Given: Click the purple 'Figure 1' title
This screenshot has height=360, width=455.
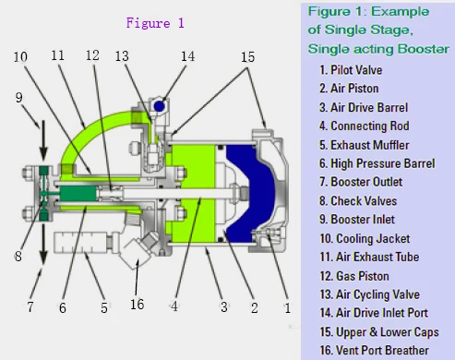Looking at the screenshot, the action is (x=155, y=23).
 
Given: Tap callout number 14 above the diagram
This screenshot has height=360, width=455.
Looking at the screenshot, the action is (x=187, y=56).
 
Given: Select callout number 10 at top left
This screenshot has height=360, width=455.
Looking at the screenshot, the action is (x=20, y=57).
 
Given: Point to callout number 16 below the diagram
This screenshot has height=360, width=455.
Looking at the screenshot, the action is (x=137, y=305).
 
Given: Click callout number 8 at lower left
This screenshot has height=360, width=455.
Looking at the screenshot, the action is (x=18, y=256).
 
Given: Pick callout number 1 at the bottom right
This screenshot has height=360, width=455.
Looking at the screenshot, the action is (x=288, y=307).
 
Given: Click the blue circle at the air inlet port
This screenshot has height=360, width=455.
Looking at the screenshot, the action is (x=159, y=106).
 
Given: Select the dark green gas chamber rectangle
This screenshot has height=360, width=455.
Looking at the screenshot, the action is (x=78, y=194).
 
